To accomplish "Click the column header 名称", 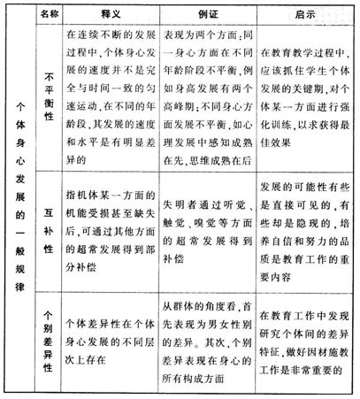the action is [47, 14].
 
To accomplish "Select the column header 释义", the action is [108, 14].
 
